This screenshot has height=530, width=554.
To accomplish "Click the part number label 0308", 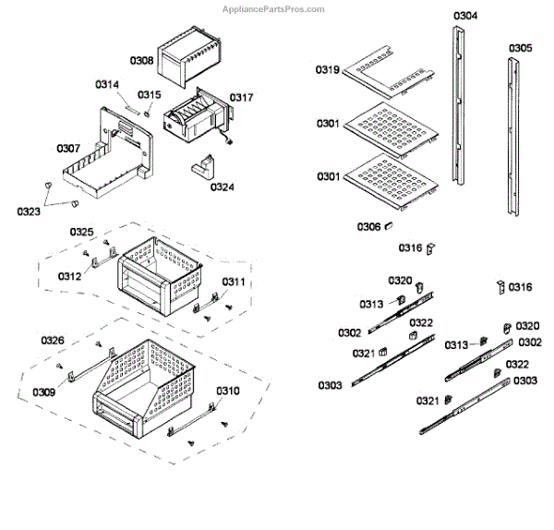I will click(x=142, y=60).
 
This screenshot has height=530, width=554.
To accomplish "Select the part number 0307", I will click(x=68, y=148).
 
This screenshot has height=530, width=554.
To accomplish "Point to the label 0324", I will click(x=222, y=187).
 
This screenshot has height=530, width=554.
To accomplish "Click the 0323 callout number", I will click(x=29, y=212).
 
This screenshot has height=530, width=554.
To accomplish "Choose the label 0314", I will click(x=107, y=85).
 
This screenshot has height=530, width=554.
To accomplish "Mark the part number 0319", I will click(x=329, y=69).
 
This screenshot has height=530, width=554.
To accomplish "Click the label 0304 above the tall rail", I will click(x=464, y=16).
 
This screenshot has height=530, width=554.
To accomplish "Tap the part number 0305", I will click(x=520, y=47).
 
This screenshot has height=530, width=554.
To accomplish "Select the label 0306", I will click(x=369, y=226).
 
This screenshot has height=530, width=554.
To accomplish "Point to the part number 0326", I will click(x=52, y=341).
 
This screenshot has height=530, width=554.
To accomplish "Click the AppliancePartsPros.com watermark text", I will click(x=276, y=8).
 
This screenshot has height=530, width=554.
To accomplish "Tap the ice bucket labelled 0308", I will click(x=189, y=55).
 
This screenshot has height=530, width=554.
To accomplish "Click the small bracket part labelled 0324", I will click(x=203, y=170).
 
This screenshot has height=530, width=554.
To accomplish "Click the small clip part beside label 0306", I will click(x=390, y=225).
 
